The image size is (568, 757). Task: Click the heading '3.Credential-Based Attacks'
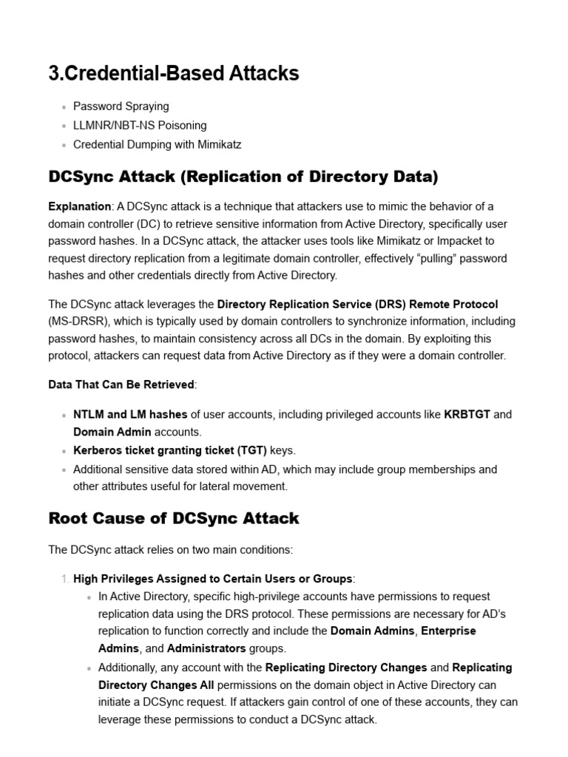pyautogui.click(x=173, y=73)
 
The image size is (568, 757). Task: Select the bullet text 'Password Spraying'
pyautogui.click(x=121, y=106)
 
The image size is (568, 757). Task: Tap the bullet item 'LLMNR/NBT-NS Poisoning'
pyautogui.click(x=140, y=126)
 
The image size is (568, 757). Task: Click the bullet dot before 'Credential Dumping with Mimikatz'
pyautogui.click(x=65, y=146)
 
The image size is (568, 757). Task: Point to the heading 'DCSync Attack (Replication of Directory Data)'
pyautogui.click(x=243, y=177)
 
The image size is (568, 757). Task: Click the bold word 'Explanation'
pyautogui.click(x=79, y=206)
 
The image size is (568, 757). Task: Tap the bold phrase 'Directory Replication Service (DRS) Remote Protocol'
pyautogui.click(x=357, y=304)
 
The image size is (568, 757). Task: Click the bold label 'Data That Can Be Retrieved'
pyautogui.click(x=121, y=384)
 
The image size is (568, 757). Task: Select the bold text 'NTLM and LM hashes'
pyautogui.click(x=130, y=415)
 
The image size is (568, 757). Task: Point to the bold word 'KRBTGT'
pyautogui.click(x=467, y=415)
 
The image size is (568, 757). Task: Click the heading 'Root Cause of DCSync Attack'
pyautogui.click(x=174, y=518)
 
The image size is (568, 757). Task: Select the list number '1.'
pyautogui.click(x=64, y=579)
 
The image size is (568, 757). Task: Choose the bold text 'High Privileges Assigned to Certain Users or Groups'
pyautogui.click(x=213, y=579)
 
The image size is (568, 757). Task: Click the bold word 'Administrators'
pyautogui.click(x=206, y=648)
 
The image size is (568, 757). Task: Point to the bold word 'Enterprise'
pyautogui.click(x=449, y=631)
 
